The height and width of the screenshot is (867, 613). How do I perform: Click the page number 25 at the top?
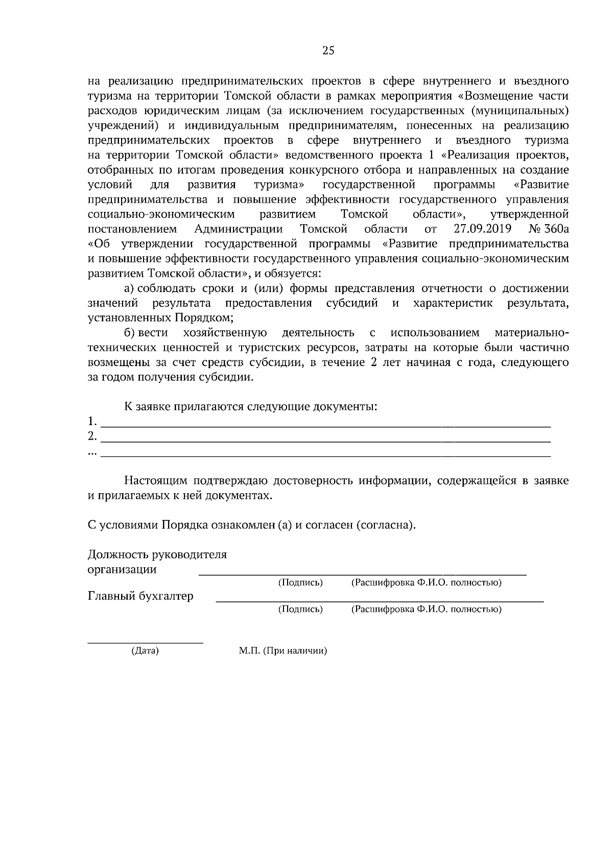pos(328,50)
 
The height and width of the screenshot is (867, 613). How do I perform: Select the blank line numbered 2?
pos(325,440)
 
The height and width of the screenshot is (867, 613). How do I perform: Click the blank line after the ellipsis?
pos(325,455)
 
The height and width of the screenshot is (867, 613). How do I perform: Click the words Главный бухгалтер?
pos(140,596)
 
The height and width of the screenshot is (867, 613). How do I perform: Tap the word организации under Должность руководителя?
pos(122,569)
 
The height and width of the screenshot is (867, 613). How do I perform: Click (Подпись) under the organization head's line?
pos(300,583)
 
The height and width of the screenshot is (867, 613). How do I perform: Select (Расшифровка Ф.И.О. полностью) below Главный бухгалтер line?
pos(426,609)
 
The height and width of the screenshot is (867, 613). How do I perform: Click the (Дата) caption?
pos(145,651)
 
